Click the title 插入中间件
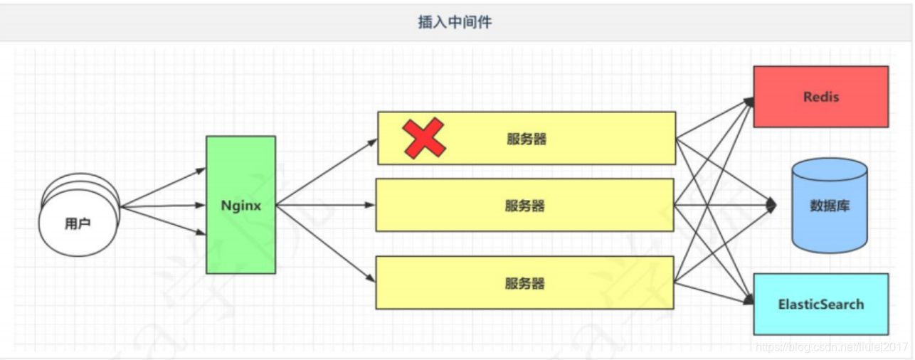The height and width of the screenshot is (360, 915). pos(455,22)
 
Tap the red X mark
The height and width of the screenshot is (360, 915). pos(423,138)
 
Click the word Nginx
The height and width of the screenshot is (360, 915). pos(241,206)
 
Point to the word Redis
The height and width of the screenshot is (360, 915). pos(821,97)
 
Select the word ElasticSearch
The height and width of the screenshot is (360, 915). pos(820,304)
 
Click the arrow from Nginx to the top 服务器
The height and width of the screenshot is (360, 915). pos(326,173)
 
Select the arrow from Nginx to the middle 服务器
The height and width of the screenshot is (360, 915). pos(325,205)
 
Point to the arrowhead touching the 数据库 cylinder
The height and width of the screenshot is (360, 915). pos(771,206)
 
